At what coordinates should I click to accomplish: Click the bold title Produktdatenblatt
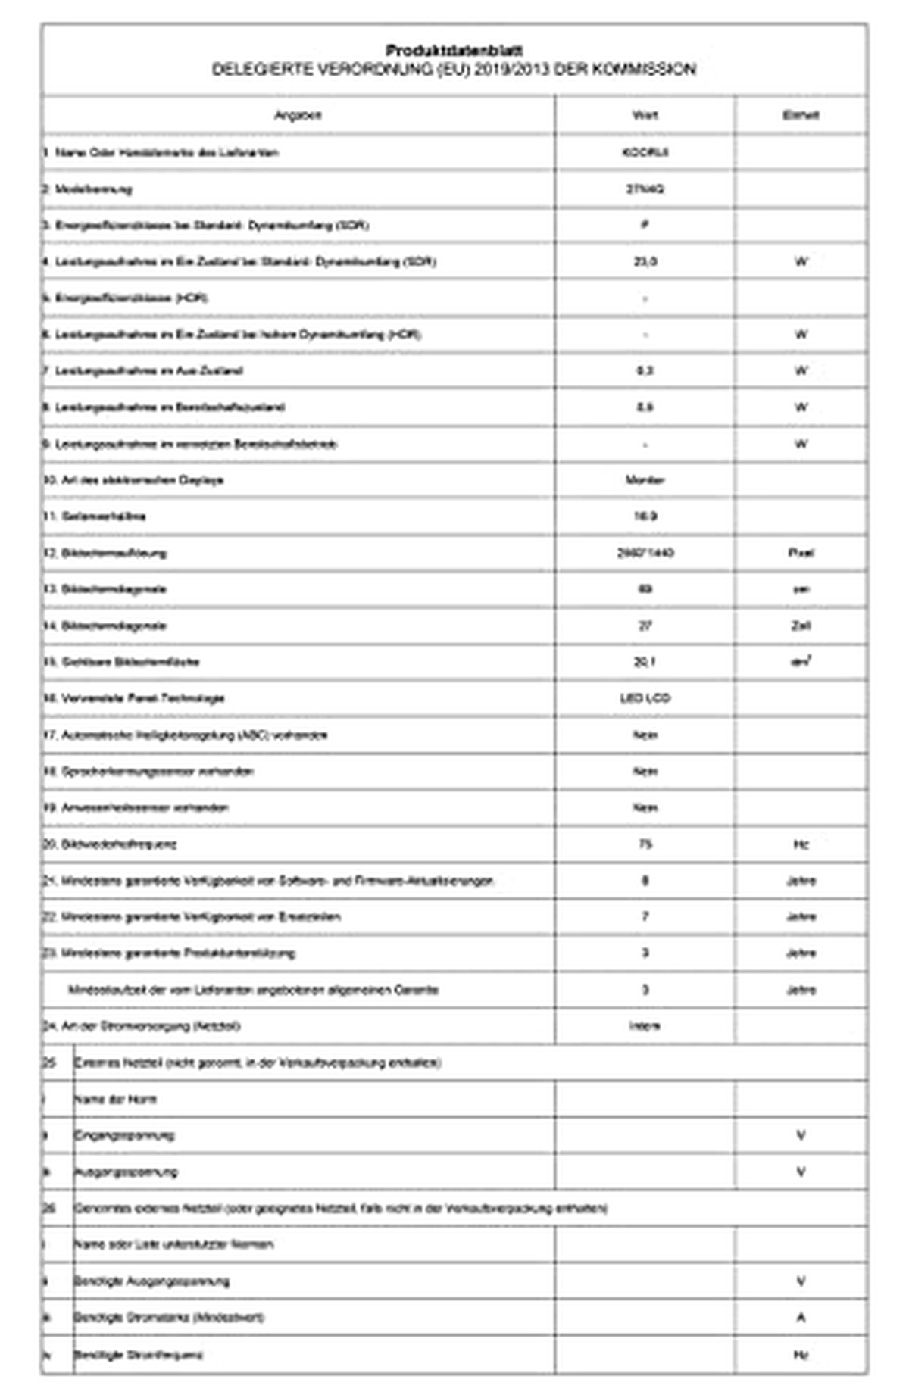454,51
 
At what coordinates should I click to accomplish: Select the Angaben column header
298,115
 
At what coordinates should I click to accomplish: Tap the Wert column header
645,115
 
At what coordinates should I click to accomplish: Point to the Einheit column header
801,115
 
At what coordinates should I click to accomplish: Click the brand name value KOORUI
645,152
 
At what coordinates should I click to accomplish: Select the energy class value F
645,225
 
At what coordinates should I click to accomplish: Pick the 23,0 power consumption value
645,261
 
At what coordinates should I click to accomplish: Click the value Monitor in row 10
645,480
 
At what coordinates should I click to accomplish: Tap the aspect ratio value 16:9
645,516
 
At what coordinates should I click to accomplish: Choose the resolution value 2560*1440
645,553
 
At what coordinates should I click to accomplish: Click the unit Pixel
801,553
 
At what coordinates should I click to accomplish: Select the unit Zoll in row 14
801,626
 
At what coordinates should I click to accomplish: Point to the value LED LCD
645,698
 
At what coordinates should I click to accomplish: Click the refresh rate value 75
645,844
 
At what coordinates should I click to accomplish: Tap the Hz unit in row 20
801,844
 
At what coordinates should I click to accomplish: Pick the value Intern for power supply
645,1026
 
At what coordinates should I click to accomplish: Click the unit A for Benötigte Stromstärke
801,1318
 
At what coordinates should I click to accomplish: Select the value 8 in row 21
645,881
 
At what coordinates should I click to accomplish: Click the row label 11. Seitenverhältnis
95,516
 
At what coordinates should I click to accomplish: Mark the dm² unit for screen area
801,662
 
